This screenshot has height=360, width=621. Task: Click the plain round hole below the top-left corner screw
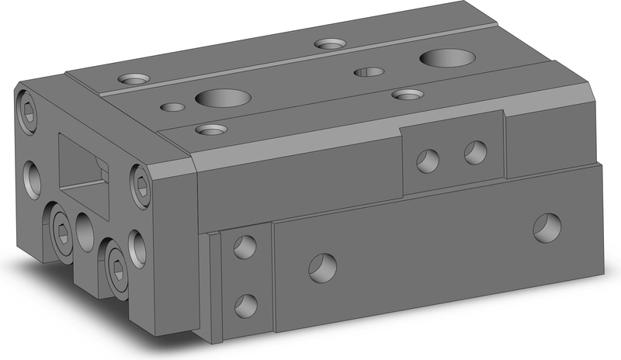33,178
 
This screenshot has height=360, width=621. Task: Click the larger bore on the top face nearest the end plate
223,99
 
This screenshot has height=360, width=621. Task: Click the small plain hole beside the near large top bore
172,107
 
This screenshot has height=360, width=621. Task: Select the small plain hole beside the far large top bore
369,72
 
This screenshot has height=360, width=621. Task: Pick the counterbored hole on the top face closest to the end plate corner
135,79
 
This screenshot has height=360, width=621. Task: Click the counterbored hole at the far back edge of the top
331,44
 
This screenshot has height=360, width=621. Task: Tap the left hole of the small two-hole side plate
427,161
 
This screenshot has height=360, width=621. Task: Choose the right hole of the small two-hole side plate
474,152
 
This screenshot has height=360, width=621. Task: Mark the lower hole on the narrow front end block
245,304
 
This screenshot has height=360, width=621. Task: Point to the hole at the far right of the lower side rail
547,226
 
